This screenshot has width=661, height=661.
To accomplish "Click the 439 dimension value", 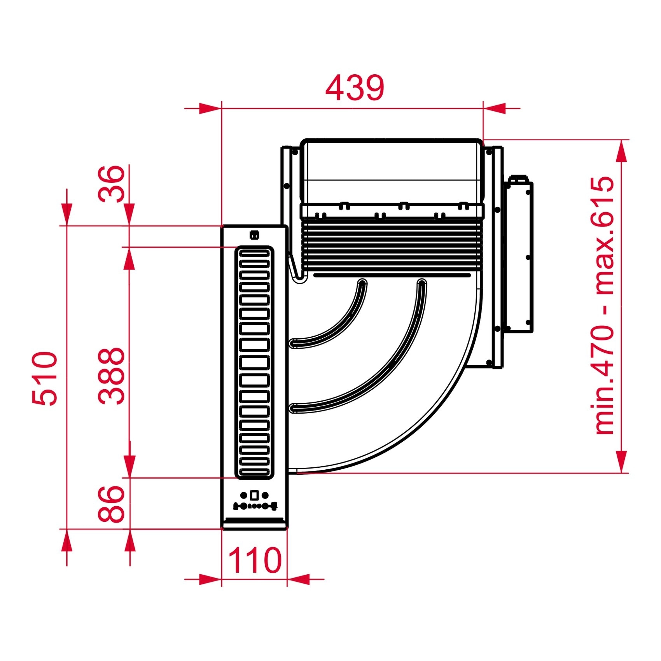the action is (355, 88).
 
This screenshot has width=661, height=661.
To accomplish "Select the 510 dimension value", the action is (45, 378).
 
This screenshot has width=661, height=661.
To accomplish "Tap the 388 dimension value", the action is (111, 376).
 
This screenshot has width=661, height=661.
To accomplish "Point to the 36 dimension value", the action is (111, 184).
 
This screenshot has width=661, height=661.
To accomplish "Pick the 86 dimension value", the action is (111, 504).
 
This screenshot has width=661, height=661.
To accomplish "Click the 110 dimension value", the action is (254, 560).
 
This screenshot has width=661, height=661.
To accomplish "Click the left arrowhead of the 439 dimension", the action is (210, 108).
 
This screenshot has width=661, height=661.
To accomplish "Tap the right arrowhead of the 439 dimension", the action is (495, 108).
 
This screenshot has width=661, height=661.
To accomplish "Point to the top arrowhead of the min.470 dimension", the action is (622, 151).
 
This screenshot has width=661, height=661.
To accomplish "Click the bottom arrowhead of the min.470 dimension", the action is (622, 462).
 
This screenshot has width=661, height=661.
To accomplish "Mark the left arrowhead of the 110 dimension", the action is (210, 579).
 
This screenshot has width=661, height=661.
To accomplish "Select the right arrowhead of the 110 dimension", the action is (299, 579).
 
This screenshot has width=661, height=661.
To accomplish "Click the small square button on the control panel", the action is (254, 495).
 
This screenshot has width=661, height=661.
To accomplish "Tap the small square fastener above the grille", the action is (254, 235).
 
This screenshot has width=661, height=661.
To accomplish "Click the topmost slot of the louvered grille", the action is (254, 254).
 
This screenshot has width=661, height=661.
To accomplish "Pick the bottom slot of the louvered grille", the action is (254, 472).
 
